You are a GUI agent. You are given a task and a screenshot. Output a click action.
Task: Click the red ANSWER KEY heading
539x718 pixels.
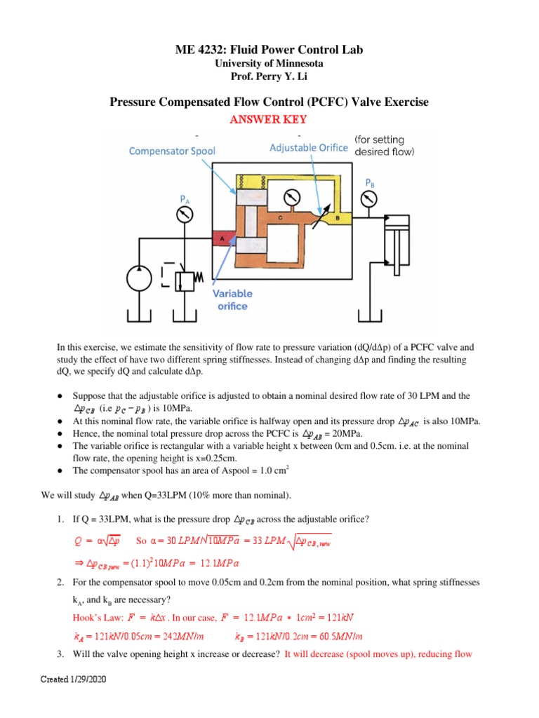[x=269, y=120]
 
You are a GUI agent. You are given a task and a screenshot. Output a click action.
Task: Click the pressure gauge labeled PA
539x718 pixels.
[x=185, y=215]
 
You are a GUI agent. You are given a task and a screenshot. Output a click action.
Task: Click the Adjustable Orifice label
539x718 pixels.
[x=309, y=147]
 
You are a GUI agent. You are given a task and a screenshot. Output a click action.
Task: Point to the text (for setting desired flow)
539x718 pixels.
[x=393, y=145]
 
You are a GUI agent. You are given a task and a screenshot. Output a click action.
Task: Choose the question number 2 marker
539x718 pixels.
[x=60, y=581]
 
